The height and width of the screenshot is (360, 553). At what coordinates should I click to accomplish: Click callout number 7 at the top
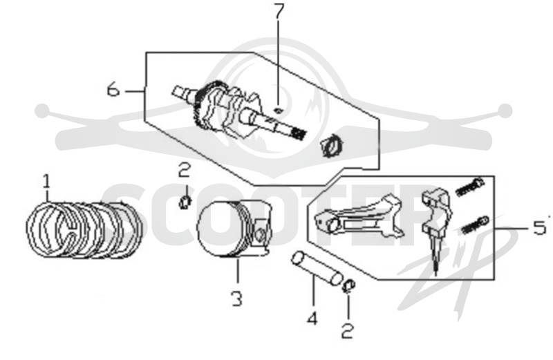(x=279, y=11)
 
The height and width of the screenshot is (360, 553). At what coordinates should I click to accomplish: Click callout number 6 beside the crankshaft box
(x=113, y=89)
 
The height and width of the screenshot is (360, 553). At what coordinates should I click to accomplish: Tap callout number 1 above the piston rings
(x=46, y=182)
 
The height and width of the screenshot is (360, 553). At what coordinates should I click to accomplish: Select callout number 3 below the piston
(x=237, y=299)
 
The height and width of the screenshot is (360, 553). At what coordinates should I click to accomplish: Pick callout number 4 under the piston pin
(x=312, y=319)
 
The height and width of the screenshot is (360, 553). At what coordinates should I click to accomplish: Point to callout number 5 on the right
(x=539, y=228)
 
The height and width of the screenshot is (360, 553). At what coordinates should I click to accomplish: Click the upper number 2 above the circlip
(x=185, y=170)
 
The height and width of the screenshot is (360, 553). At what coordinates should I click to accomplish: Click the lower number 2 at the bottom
(x=348, y=332)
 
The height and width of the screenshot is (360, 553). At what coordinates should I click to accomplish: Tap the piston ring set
(x=84, y=229)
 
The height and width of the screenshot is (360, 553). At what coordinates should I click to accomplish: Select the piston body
(x=234, y=228)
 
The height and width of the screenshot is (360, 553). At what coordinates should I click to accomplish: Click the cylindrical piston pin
(x=317, y=267)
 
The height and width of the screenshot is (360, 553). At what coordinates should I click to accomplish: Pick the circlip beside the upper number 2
(x=185, y=202)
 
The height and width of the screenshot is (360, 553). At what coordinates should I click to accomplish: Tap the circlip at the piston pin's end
(x=349, y=286)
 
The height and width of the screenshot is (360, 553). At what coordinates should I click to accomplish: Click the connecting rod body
(x=359, y=217)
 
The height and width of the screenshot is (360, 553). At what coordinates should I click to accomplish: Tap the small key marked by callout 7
(x=279, y=111)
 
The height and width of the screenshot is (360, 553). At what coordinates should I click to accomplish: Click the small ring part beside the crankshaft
(x=331, y=146)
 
